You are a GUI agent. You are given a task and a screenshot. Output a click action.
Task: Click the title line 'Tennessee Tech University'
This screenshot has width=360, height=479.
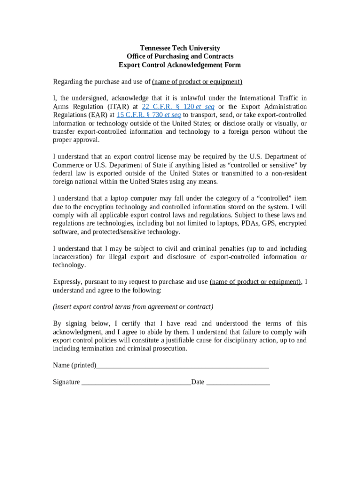tap(180, 48)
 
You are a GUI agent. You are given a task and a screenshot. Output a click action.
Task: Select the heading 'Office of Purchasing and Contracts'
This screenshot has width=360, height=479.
tap(180, 57)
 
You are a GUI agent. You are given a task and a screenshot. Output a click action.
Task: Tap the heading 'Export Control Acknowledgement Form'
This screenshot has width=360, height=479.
tap(180, 65)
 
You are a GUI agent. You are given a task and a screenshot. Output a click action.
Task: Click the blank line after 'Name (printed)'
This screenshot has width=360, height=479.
tap(182, 365)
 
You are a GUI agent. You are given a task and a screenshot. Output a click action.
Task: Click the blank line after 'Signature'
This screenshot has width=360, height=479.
tap(136, 382)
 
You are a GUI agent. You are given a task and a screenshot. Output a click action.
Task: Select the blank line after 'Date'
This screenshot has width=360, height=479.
tap(238, 382)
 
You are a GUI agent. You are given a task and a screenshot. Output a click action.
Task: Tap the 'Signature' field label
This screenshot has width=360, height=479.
tap(66, 382)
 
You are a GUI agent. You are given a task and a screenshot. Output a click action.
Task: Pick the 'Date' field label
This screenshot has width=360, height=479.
tap(197, 382)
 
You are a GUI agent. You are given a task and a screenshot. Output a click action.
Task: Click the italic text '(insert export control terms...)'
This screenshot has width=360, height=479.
tap(133, 307)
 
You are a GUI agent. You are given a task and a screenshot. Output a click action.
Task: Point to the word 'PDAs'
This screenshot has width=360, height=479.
tap(250, 224)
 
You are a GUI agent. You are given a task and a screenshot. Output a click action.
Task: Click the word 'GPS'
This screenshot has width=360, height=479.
tap(269, 224)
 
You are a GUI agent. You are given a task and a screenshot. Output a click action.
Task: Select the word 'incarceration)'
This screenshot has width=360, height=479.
tap(72, 257)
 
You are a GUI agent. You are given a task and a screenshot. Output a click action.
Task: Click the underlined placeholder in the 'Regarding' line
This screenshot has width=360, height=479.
tap(197, 82)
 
